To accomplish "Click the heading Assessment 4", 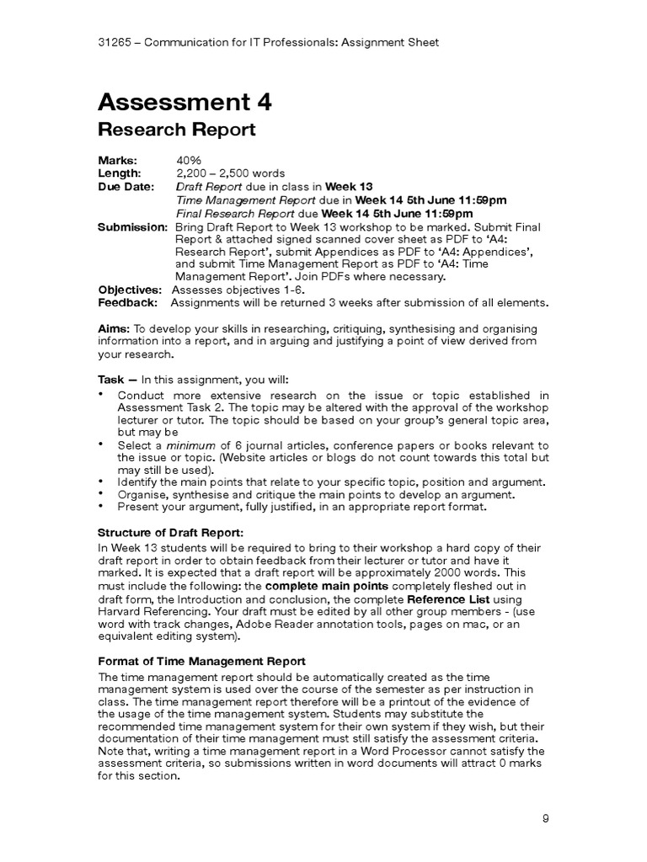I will coord(184,103).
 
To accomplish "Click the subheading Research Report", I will coord(176,130).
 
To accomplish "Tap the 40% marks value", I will coord(189,160).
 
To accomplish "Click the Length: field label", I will coord(121,173).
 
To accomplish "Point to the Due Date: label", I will coord(126,187).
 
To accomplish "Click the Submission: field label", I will coord(132,227).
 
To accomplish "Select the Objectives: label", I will coord(130,290).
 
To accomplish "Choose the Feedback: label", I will coord(127,303).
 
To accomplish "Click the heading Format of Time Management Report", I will coord(201,661).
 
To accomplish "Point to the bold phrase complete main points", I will coord(326,585).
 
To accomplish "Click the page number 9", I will coord(545,817).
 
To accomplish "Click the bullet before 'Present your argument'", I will coord(102,506).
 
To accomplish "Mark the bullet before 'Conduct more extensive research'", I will coord(102,394).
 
